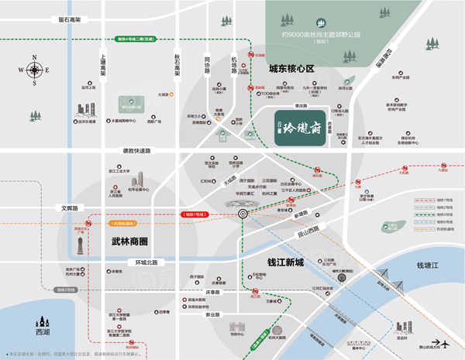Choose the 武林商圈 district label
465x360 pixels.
[x=123, y=242]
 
